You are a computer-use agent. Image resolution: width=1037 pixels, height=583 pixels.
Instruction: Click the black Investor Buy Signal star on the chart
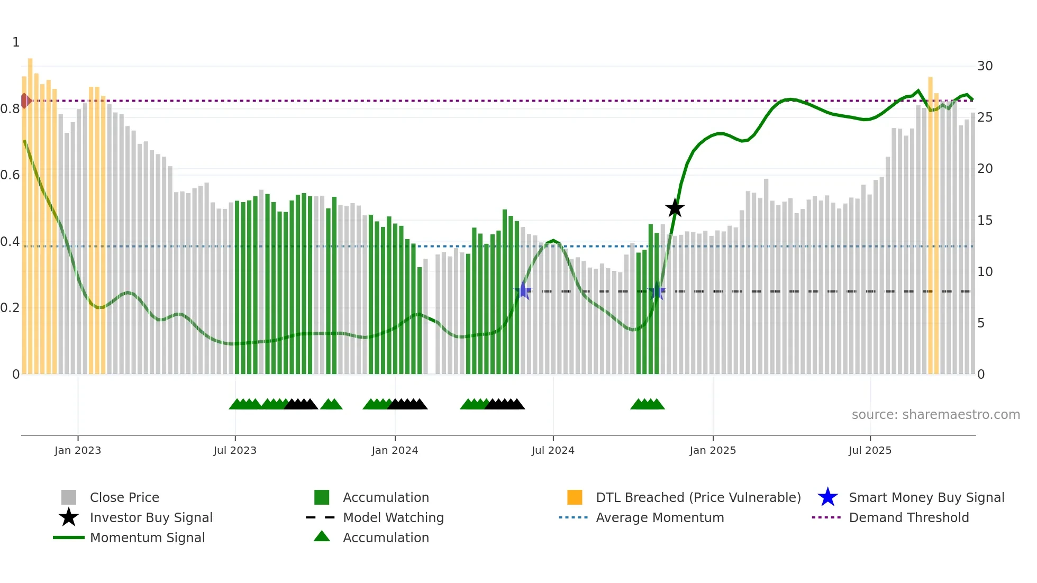click(x=675, y=208)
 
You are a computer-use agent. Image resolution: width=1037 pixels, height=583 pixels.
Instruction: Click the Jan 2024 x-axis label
click(x=395, y=451)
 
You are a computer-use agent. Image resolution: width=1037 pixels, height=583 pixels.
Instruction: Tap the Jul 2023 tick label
click(x=235, y=451)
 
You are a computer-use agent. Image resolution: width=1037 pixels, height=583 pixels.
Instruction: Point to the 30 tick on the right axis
click(x=985, y=66)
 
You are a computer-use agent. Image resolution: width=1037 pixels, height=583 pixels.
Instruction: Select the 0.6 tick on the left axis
click(x=10, y=175)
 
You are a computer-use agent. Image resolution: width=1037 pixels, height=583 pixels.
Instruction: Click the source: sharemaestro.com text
click(x=935, y=415)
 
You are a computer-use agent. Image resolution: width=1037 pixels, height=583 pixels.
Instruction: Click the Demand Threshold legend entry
click(x=908, y=518)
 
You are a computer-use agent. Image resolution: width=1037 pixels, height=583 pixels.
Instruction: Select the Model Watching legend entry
click(x=393, y=518)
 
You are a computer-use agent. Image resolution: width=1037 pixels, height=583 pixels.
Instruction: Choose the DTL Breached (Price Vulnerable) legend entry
click(x=698, y=498)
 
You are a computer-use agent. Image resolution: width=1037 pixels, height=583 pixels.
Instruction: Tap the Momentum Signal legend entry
click(x=147, y=538)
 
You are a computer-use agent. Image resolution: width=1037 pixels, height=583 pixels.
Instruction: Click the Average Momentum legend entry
click(x=659, y=518)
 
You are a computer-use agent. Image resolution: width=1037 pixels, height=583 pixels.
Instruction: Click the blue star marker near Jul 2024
click(x=523, y=290)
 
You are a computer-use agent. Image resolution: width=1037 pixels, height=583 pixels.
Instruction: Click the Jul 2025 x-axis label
click(x=870, y=451)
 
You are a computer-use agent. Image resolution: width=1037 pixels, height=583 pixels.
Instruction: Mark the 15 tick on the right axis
click(x=985, y=221)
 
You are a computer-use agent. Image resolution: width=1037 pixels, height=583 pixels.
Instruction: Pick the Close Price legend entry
click(x=124, y=498)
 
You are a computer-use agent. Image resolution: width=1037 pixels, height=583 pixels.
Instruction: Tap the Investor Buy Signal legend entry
click(x=151, y=518)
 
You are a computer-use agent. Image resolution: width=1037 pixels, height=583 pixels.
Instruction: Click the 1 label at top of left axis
click(x=16, y=42)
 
